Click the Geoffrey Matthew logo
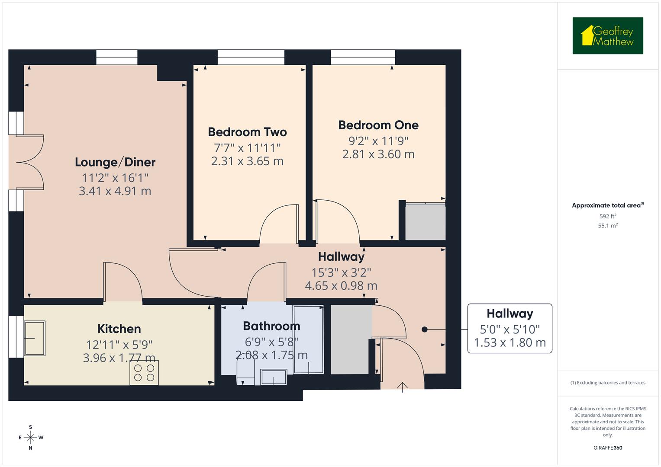pos(607,36)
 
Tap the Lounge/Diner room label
pos(115,162)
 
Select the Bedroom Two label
pos(247,132)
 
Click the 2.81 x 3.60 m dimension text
pos(378,154)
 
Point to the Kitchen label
pos(119,329)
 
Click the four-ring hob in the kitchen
pos(144,373)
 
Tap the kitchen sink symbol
pos(35,338)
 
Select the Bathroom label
pos(271,326)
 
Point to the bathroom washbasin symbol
pos(274,376)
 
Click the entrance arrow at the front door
pos(403,387)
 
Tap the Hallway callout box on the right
pos(509,328)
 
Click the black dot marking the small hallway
pos(424,329)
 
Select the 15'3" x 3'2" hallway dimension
pos(341,272)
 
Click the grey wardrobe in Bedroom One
pos(425,222)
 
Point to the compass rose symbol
pos(30,437)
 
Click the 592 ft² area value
pos(607,216)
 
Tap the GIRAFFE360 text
pos(607,448)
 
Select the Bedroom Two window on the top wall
pos(251,57)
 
